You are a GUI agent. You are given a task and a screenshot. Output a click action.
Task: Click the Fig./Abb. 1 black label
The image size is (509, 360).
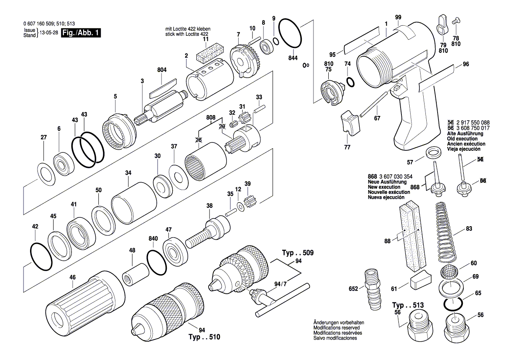tap(81, 33)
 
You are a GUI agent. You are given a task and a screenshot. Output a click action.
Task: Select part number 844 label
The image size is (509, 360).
tap(293, 58)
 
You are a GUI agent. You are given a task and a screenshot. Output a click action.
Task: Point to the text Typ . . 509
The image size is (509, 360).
tap(297, 253)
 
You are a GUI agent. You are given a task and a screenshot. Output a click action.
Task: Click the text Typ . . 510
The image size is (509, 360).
tap(204, 337)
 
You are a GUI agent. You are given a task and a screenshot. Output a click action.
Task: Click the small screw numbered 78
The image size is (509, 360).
tap(456, 20)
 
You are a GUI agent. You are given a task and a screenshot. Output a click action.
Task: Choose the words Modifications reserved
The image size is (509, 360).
tap(336, 327)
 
